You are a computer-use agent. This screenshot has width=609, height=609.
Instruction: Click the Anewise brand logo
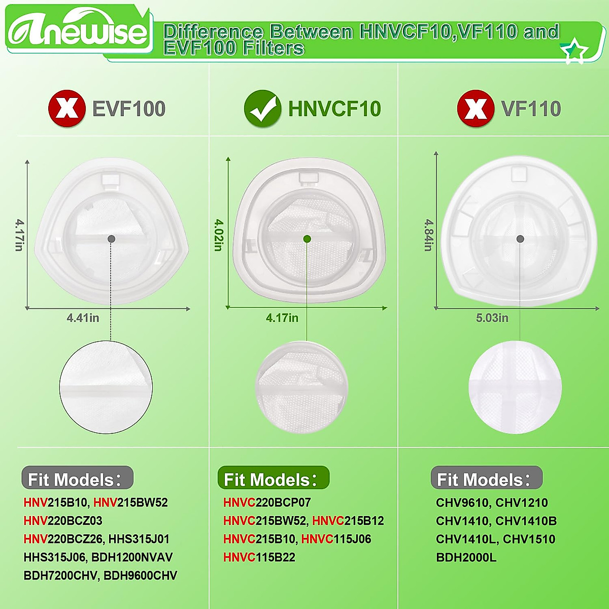pyautogui.click(x=79, y=31)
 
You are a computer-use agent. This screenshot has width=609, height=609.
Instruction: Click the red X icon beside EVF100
pyautogui.click(x=66, y=109)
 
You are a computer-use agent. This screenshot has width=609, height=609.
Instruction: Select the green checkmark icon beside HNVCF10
pyautogui.click(x=262, y=109)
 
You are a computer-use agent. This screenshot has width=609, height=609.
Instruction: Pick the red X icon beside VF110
pyautogui.click(x=476, y=109)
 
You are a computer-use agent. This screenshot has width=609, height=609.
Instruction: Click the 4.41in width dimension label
pyautogui.click(x=83, y=318)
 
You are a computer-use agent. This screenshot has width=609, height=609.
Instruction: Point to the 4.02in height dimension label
pyautogui.click(x=219, y=235)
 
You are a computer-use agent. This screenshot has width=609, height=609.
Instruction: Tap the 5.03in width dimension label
pyautogui.click(x=492, y=318)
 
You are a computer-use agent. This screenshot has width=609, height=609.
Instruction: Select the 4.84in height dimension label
pyautogui.click(x=429, y=235)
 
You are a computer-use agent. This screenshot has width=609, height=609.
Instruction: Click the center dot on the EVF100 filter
pyautogui.click(x=111, y=239)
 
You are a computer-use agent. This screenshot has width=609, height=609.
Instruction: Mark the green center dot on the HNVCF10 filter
pyautogui.click(x=307, y=239)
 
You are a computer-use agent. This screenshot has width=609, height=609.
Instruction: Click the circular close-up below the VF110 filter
pyautogui.click(x=515, y=387)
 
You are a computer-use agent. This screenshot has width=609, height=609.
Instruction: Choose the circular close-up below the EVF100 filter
pyautogui.click(x=106, y=387)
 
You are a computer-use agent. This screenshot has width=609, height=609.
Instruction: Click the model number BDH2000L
pyautogui.click(x=466, y=558)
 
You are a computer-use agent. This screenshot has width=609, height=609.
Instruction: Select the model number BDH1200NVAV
pyautogui.click(x=132, y=558)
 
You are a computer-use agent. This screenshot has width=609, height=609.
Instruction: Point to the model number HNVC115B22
pyautogui.click(x=259, y=558)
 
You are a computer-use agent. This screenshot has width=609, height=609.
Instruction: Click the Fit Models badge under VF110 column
pyautogui.click(x=486, y=479)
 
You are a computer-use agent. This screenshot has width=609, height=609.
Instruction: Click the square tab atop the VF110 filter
pyautogui.click(x=519, y=174)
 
